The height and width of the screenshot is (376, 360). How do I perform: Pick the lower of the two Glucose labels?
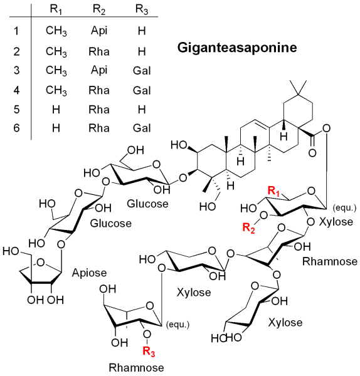coord(110,223)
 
